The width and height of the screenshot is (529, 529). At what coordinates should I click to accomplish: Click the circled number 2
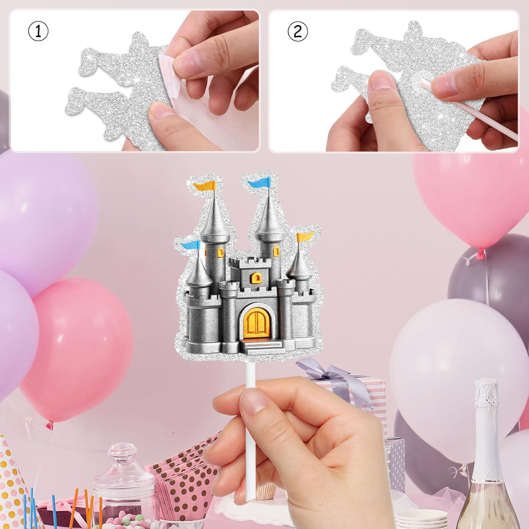(297, 32)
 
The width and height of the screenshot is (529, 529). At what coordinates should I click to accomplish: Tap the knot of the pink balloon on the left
(49, 426)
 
